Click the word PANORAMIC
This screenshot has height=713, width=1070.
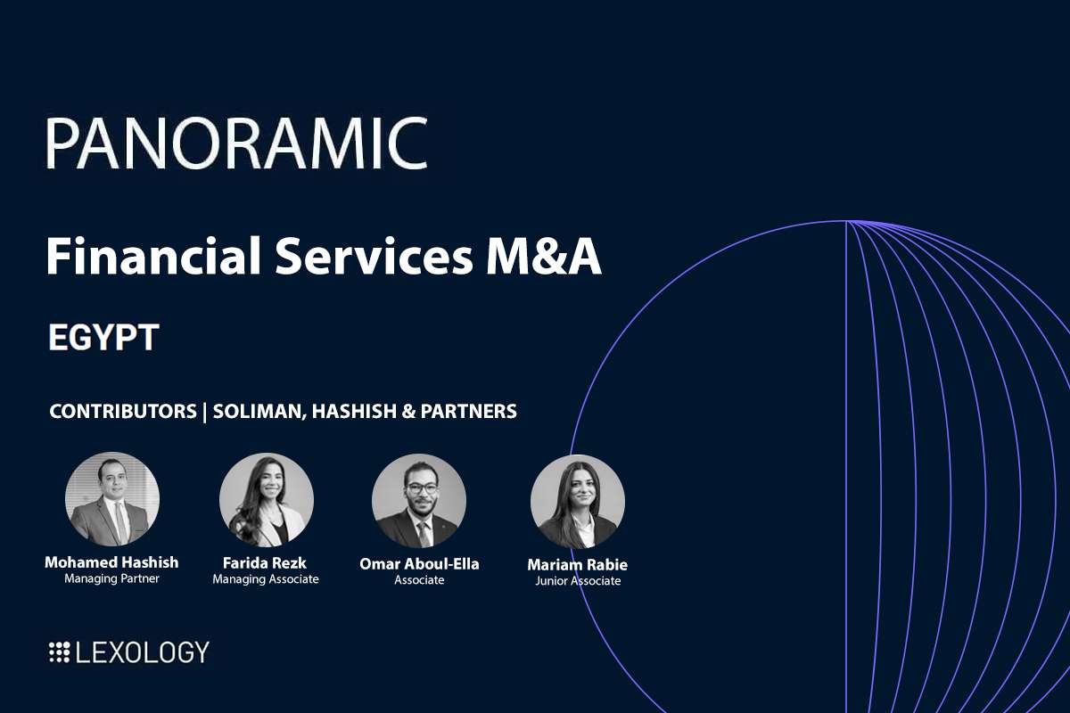click(x=236, y=143)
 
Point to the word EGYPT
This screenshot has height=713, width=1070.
click(x=103, y=339)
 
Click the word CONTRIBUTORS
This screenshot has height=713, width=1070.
click(x=123, y=412)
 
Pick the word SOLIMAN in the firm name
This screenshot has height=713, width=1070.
click(x=259, y=412)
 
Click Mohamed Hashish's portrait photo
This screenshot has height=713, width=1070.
click(x=112, y=499)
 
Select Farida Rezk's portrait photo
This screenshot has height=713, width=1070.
click(x=266, y=499)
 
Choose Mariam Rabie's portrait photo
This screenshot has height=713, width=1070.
click(x=577, y=502)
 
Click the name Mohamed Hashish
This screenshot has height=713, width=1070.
click(x=111, y=562)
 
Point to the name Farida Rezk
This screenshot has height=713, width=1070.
click(x=265, y=563)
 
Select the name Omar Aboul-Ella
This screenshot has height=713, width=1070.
click(x=419, y=564)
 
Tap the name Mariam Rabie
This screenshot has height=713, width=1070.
click(x=577, y=565)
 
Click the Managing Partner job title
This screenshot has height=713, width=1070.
click(x=111, y=578)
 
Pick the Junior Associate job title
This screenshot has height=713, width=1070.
click(x=577, y=581)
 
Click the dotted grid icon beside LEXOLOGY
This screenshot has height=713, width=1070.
click(x=59, y=652)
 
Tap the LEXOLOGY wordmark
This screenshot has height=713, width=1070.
click(x=143, y=652)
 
